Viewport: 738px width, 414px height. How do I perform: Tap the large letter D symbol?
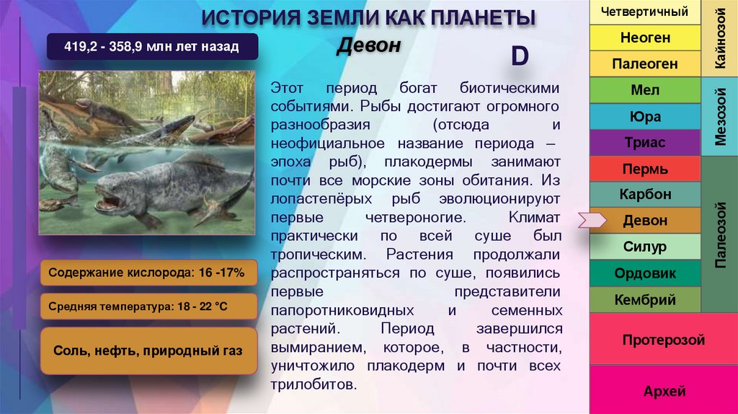(x=520, y=57)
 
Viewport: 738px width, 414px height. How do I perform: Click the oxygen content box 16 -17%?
(x=148, y=273)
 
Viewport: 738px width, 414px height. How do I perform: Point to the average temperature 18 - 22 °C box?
(x=148, y=307)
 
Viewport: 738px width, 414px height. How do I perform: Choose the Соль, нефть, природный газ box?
(x=148, y=351)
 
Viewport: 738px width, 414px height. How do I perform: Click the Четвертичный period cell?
(x=644, y=12)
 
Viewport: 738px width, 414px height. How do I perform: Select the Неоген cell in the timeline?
(x=644, y=38)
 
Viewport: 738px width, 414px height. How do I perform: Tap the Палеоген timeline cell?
(x=644, y=64)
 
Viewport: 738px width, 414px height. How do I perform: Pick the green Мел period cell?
(x=644, y=91)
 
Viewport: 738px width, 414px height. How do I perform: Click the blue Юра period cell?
(x=644, y=117)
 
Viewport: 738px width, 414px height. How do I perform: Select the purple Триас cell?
(x=644, y=143)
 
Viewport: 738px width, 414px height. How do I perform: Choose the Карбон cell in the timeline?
(x=644, y=195)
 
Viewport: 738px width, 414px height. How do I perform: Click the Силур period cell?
(x=644, y=247)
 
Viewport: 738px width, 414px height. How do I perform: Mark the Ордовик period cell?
(x=644, y=273)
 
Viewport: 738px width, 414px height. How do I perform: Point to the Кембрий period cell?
(x=644, y=299)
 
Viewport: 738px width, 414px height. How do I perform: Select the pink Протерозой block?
(x=663, y=340)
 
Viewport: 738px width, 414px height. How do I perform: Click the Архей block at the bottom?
(x=663, y=392)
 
